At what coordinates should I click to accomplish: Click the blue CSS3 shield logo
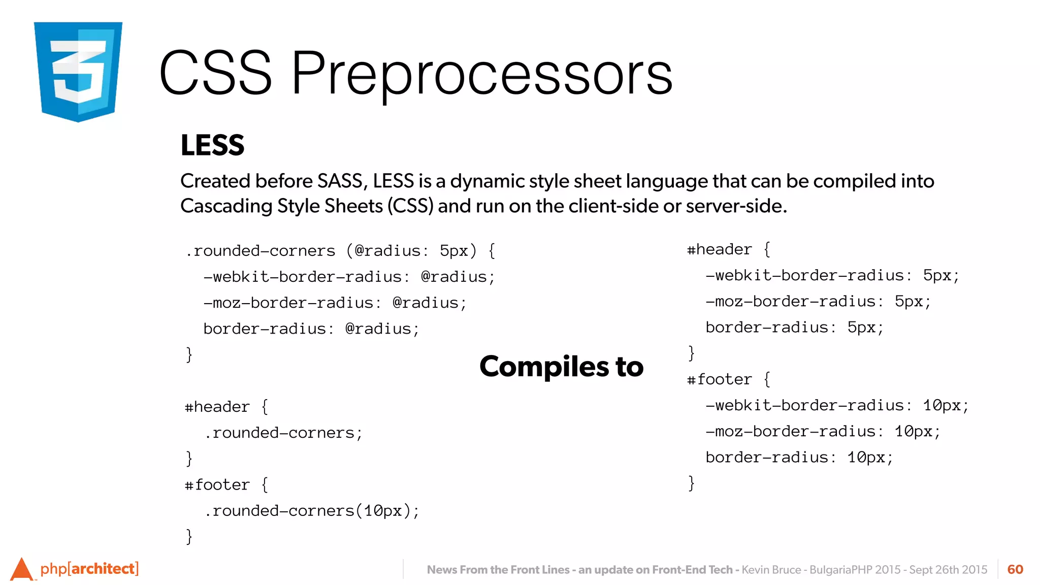tap(78, 71)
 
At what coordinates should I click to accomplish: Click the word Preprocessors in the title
tap(481, 74)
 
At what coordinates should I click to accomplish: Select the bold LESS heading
tap(212, 145)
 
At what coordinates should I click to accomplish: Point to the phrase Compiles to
tap(561, 366)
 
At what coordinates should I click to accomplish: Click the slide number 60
tap(1015, 569)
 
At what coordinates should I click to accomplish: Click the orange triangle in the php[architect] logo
tap(21, 570)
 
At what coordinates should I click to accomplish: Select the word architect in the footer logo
tap(103, 568)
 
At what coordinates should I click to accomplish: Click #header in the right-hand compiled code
tap(719, 249)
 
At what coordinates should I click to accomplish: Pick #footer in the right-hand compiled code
tap(719, 379)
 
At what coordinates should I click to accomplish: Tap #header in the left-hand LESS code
tap(217, 407)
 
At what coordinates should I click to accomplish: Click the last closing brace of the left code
tap(189, 536)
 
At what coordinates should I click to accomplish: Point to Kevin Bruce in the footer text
tap(771, 570)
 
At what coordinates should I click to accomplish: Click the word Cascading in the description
tap(226, 206)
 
